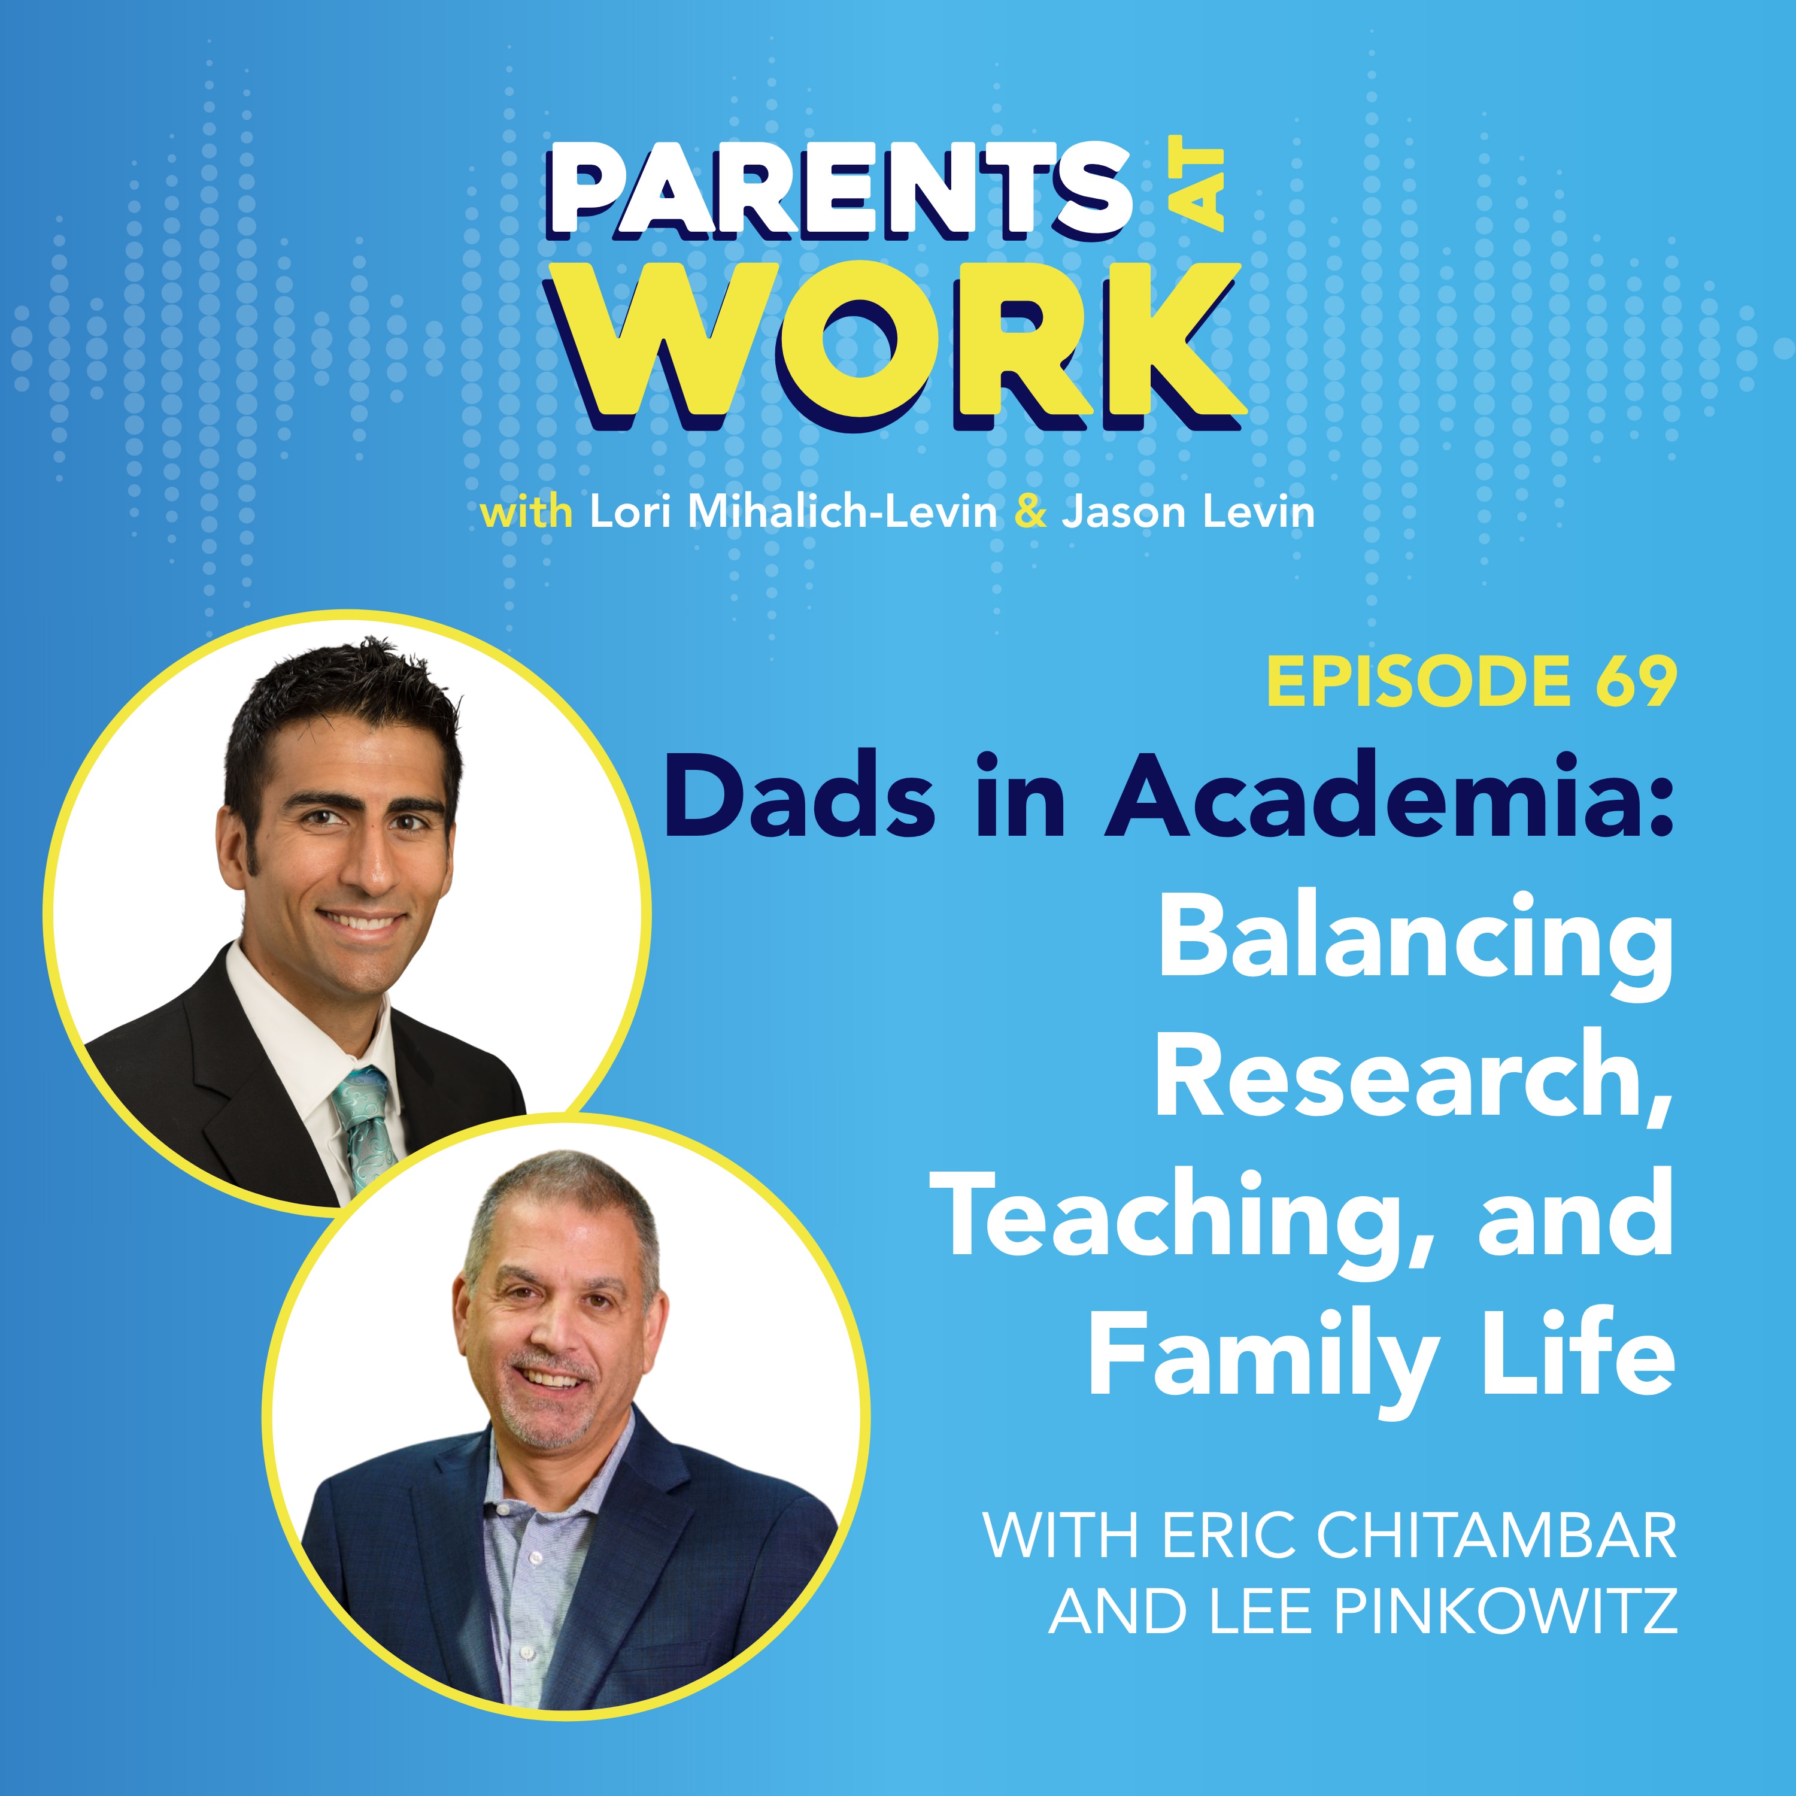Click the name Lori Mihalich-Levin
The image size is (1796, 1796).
[793, 512]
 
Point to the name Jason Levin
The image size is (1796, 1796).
[1188, 512]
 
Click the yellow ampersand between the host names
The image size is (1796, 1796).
[1029, 513]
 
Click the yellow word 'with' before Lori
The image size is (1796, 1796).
[526, 512]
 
